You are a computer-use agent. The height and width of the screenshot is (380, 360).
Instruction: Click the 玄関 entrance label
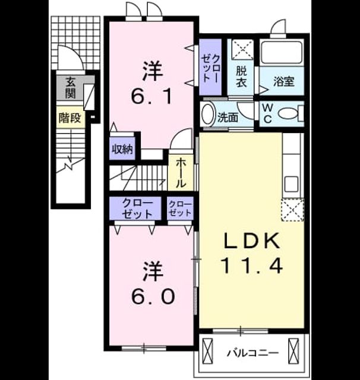[x=71, y=88]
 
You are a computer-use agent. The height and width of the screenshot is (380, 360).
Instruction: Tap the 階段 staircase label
[x=70, y=118]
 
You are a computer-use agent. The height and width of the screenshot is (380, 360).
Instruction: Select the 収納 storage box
[x=122, y=148]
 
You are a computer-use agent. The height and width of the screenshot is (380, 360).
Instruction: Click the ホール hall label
[x=181, y=173]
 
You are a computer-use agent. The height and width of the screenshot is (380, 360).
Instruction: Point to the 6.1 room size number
[x=152, y=96]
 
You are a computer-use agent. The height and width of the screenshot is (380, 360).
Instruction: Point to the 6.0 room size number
[x=153, y=296]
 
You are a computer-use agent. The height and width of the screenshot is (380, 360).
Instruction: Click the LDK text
[x=251, y=241]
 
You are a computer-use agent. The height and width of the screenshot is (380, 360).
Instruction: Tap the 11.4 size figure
[x=251, y=265]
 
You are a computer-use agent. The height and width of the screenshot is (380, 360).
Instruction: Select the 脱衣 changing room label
[x=241, y=77]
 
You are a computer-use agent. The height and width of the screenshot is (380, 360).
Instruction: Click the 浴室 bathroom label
[x=284, y=81]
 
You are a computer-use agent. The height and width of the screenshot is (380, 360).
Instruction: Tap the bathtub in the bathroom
[x=282, y=53]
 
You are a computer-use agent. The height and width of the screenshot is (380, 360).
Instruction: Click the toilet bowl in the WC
[x=288, y=113]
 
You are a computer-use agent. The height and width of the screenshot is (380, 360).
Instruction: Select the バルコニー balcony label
[x=252, y=353]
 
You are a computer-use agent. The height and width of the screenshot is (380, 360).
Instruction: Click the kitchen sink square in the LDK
[x=292, y=183]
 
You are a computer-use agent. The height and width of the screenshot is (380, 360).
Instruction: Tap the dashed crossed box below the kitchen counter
[x=292, y=210]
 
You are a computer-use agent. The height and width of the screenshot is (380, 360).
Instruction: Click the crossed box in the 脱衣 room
[x=242, y=50]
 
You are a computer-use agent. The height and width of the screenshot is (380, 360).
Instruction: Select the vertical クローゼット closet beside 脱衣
[x=210, y=67]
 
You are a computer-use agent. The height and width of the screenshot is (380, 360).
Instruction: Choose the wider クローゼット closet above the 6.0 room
[x=135, y=208]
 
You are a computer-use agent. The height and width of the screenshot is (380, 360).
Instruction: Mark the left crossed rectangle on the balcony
[x=207, y=351]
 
